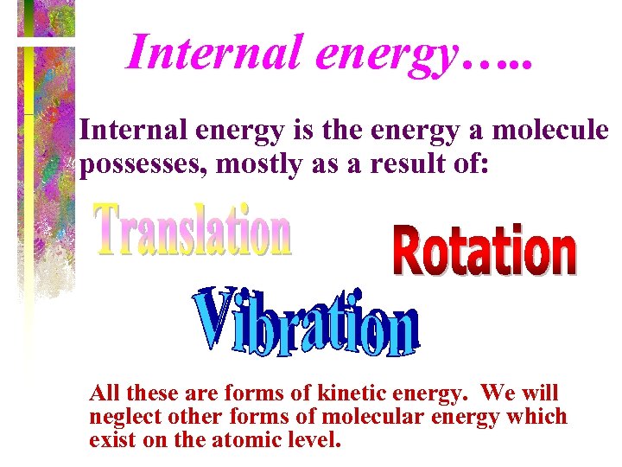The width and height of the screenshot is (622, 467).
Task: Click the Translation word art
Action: point(192,231)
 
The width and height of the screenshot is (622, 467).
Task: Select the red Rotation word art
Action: point(484,250)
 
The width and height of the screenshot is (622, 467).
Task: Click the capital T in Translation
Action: point(107,228)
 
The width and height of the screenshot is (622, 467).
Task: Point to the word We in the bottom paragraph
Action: point(499,394)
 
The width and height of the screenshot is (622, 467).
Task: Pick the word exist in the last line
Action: point(110,439)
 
